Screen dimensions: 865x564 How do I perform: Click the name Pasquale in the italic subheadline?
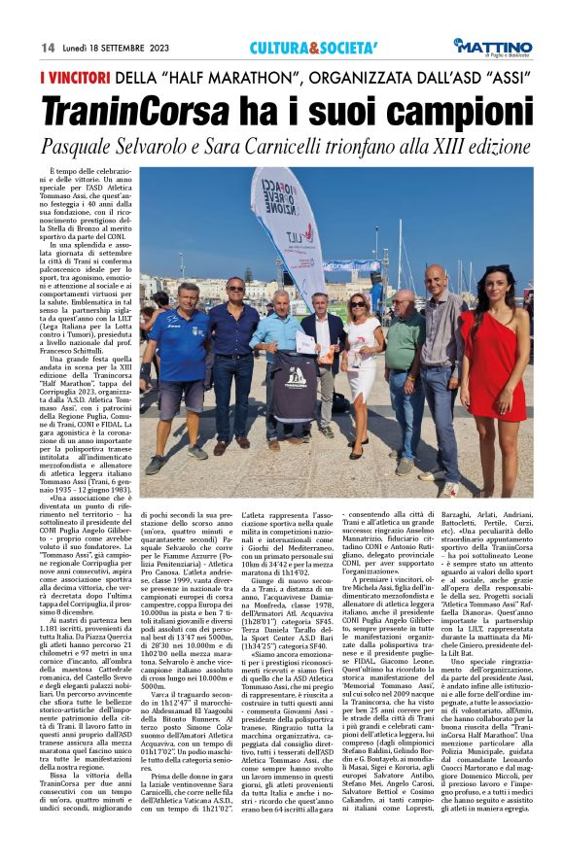(79, 145)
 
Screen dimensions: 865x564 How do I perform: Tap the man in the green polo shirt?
(404, 369)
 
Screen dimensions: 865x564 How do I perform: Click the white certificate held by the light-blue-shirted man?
(306, 342)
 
